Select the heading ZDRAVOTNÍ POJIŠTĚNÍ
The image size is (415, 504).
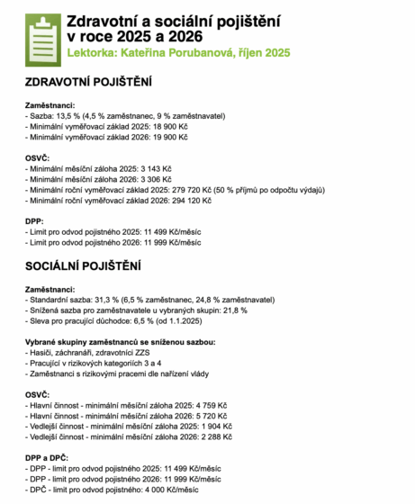tap(88, 83)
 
